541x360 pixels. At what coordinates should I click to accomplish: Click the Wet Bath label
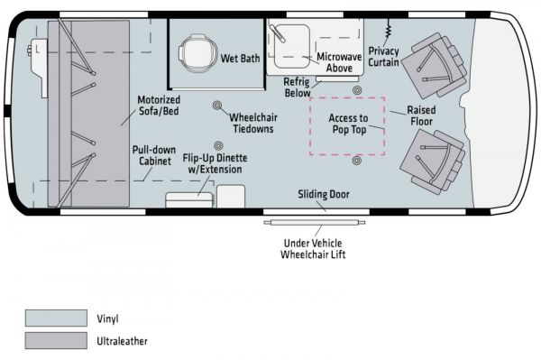[240, 59]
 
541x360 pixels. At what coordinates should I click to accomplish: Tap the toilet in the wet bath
[196, 53]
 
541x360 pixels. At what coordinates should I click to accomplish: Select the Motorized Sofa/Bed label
[159, 106]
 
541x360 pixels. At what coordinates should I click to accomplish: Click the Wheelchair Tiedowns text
[253, 123]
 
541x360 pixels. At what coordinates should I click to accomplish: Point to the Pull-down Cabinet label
[154, 155]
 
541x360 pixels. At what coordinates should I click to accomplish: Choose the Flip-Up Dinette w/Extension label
[215, 163]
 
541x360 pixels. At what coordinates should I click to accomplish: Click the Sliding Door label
[324, 194]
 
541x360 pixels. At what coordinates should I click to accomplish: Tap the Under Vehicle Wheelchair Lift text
[313, 248]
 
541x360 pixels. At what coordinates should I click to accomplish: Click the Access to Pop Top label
[348, 124]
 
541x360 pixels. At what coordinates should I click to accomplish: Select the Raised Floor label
[421, 115]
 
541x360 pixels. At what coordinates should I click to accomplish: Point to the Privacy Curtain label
[383, 57]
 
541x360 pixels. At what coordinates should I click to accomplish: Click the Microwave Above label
[339, 62]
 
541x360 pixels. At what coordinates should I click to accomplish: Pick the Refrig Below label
[297, 88]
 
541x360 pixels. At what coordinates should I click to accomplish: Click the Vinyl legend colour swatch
[56, 318]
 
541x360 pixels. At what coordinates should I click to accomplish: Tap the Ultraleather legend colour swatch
[56, 341]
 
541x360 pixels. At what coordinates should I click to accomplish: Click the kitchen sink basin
[291, 47]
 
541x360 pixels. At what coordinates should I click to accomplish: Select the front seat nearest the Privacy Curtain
[435, 66]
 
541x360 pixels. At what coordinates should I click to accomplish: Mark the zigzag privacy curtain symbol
[388, 28]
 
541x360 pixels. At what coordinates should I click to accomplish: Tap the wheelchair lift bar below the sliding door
[315, 223]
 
